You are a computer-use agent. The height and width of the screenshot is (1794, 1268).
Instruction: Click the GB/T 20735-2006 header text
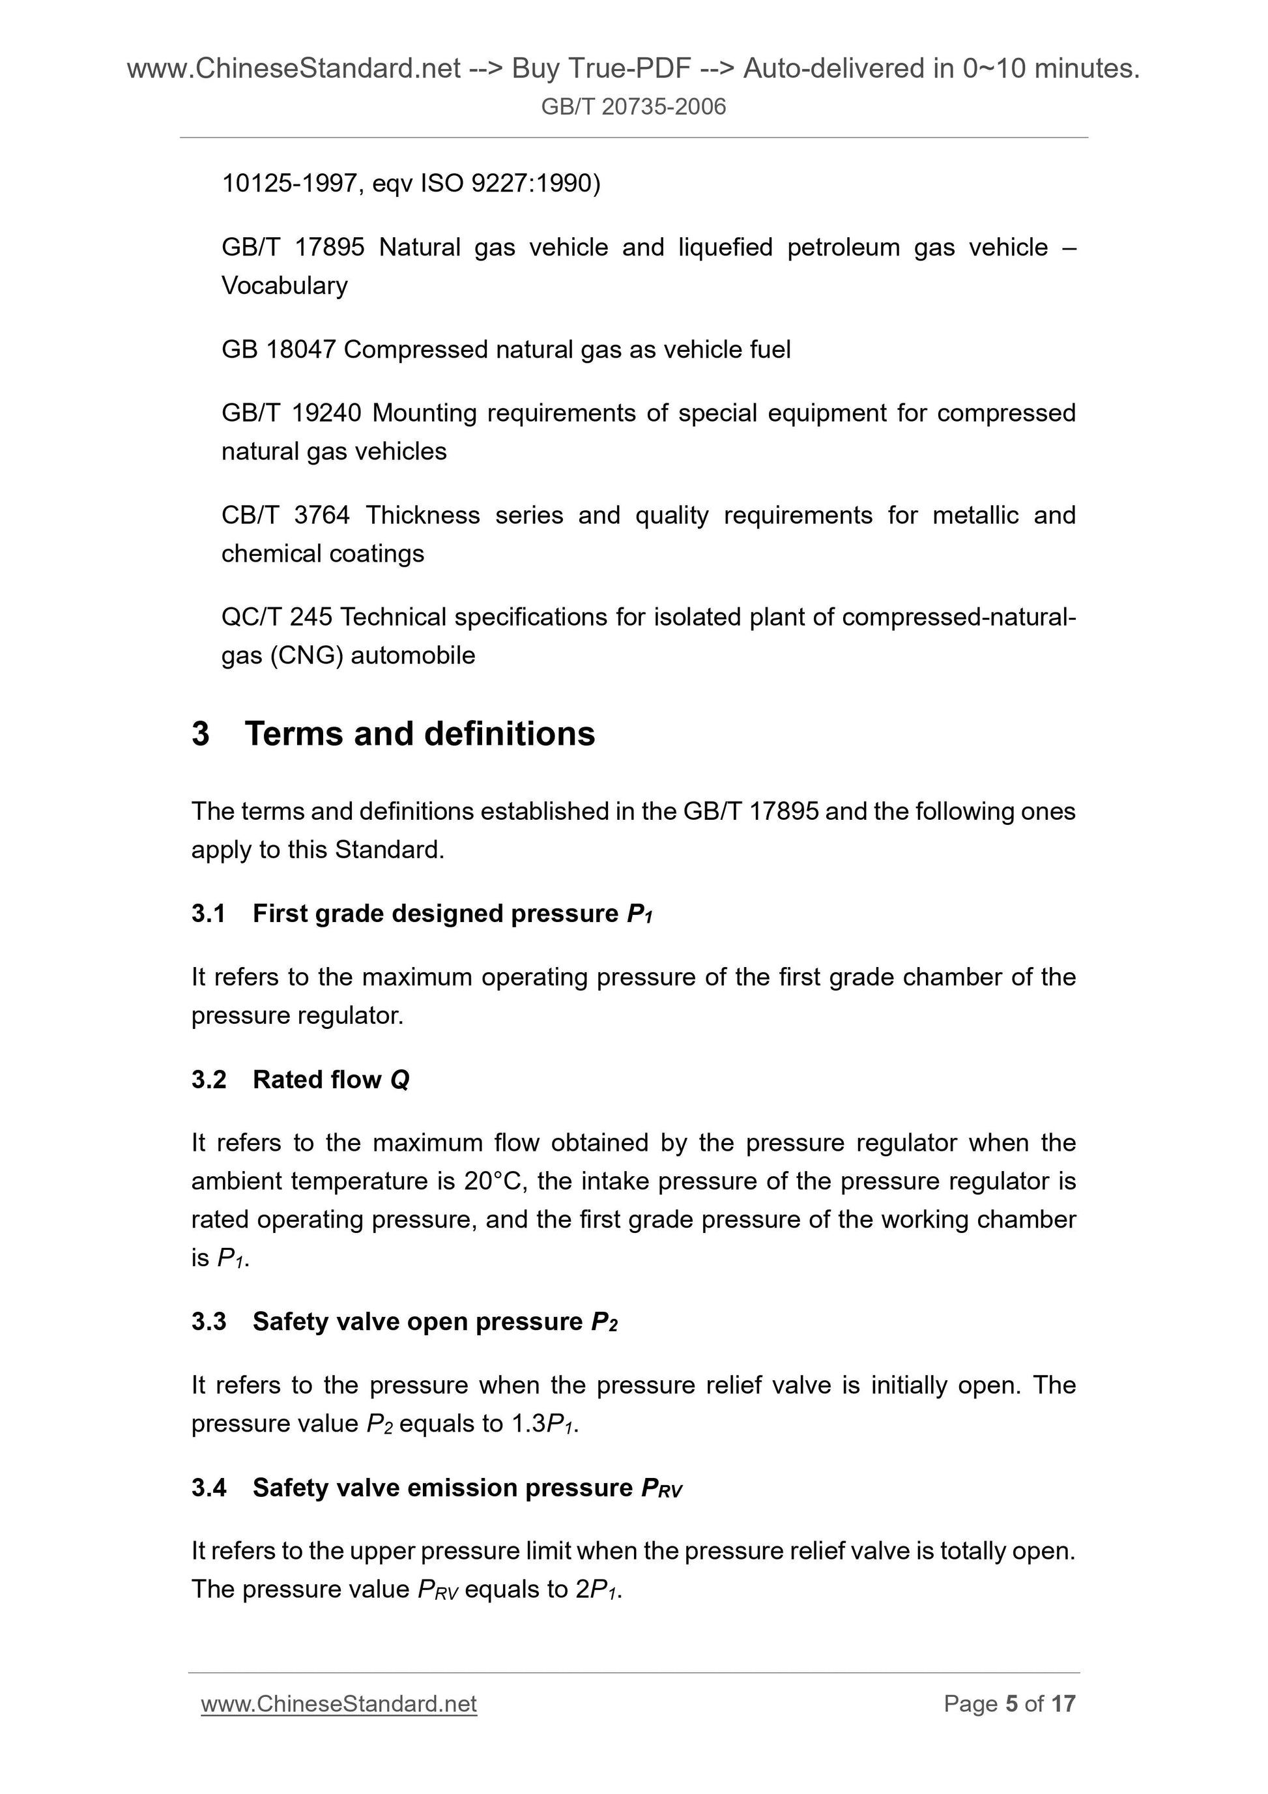pos(633,106)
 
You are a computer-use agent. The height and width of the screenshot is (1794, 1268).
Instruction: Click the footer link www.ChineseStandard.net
pos(338,1703)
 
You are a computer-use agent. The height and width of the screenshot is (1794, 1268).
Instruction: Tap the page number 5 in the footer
pos(1012,1703)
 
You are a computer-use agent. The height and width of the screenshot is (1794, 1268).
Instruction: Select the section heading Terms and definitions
pos(420,734)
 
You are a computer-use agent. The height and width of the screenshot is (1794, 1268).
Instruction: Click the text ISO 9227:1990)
pos(511,183)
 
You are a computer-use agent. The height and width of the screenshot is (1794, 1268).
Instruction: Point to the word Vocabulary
pos(284,285)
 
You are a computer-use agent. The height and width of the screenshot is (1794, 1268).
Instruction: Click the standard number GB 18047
pos(278,349)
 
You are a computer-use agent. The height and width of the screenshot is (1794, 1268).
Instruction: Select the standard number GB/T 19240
pos(291,412)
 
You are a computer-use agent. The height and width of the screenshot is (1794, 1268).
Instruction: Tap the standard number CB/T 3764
pos(285,515)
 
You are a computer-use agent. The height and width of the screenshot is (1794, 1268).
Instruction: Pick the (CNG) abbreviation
pos(307,655)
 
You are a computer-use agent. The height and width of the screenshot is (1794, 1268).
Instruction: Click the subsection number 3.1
pos(209,914)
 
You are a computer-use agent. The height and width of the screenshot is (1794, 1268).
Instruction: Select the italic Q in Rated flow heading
pos(399,1079)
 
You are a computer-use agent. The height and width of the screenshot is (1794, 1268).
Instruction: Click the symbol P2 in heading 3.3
pos(604,1322)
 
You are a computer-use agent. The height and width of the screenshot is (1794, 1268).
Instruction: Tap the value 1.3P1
pos(544,1424)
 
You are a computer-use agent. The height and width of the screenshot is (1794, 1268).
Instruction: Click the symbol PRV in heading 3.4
pos(661,1488)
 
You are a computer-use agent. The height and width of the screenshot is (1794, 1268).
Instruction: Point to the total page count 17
pos(1063,1703)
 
